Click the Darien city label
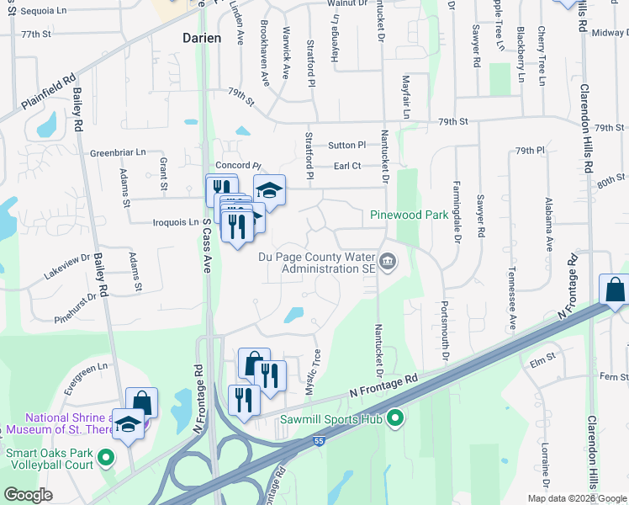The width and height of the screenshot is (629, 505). point(202,38)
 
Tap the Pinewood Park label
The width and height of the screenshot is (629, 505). point(410,215)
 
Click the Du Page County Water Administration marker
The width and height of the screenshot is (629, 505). point(388,262)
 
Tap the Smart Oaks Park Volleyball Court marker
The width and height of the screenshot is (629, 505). point(105,457)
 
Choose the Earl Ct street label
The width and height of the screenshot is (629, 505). point(346,167)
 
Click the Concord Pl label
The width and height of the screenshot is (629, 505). point(239,166)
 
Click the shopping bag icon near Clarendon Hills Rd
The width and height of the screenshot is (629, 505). point(616,290)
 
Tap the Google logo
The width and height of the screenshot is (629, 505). point(29,494)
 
